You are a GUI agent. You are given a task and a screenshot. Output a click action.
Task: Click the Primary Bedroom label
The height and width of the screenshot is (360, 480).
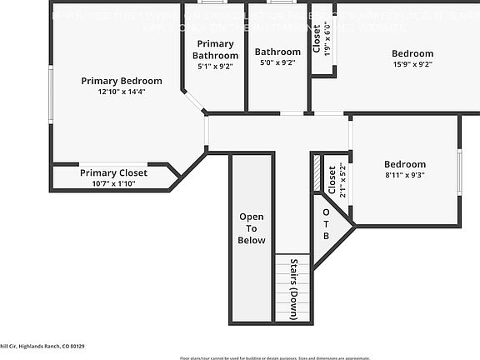[x=122, y=81]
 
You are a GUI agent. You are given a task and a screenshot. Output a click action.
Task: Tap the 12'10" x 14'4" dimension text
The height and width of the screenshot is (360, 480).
[x=122, y=92]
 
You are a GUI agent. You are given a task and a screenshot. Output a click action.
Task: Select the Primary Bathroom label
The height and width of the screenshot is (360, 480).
[x=215, y=49]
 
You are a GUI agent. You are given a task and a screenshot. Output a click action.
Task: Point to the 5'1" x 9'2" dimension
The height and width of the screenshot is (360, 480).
[x=215, y=66]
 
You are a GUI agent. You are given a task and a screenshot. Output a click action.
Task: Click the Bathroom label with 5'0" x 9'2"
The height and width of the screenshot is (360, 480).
[x=277, y=52]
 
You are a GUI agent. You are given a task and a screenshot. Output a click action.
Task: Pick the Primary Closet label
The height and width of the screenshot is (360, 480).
[x=113, y=172]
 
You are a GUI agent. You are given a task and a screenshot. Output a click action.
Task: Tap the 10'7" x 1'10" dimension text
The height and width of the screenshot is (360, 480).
[x=113, y=183]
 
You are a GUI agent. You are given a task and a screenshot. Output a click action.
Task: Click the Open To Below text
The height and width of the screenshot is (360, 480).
[x=252, y=228]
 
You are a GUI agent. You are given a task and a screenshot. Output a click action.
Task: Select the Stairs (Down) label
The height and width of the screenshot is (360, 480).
[x=294, y=289]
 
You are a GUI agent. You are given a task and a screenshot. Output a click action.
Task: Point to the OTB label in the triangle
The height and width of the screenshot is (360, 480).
[x=327, y=223]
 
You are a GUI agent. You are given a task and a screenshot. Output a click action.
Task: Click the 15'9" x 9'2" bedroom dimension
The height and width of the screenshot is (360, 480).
[x=412, y=65]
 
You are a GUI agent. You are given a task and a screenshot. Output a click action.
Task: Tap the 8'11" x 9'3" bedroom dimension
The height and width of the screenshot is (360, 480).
[x=405, y=175]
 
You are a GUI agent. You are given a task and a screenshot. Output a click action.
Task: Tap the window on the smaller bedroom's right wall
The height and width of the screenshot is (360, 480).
[x=459, y=173]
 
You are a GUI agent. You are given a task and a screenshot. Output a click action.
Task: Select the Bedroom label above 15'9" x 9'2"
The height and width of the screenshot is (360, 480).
[x=412, y=54]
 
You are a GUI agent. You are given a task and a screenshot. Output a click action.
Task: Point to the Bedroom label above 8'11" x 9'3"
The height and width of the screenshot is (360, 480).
[x=405, y=164]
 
